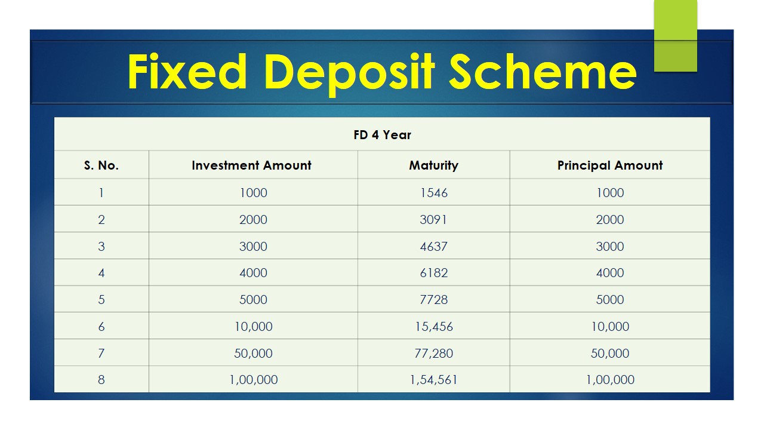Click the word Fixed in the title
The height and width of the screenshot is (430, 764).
pyautogui.click(x=187, y=72)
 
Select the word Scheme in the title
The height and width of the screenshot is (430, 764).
pyautogui.click(x=543, y=72)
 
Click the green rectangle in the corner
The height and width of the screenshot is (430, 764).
pyautogui.click(x=675, y=35)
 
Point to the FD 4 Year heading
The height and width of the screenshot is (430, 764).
pyautogui.click(x=382, y=135)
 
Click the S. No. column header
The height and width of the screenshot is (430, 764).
pyautogui.click(x=101, y=165)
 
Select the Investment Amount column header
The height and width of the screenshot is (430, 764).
pyautogui.click(x=251, y=165)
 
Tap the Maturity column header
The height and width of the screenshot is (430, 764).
pyautogui.click(x=433, y=166)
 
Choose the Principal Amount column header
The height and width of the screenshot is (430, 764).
pyautogui.click(x=610, y=166)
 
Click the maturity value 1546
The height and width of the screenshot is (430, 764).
pyautogui.click(x=433, y=193)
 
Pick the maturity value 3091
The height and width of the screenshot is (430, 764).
pyautogui.click(x=433, y=219)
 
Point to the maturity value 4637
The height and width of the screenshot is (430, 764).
pyautogui.click(x=433, y=247)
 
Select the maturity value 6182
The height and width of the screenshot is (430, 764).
pyautogui.click(x=433, y=273)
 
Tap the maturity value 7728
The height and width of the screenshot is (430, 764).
pyautogui.click(x=433, y=300)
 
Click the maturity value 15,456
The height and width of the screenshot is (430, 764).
pyautogui.click(x=433, y=327)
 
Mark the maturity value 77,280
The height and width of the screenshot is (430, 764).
pyautogui.click(x=433, y=353)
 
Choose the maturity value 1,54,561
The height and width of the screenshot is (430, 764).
pyautogui.click(x=433, y=380)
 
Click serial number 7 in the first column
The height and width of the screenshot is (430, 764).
pyautogui.click(x=101, y=353)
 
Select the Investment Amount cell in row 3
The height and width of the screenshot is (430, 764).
pyautogui.click(x=253, y=247)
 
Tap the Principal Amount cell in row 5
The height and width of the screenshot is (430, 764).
pyautogui.click(x=610, y=300)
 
